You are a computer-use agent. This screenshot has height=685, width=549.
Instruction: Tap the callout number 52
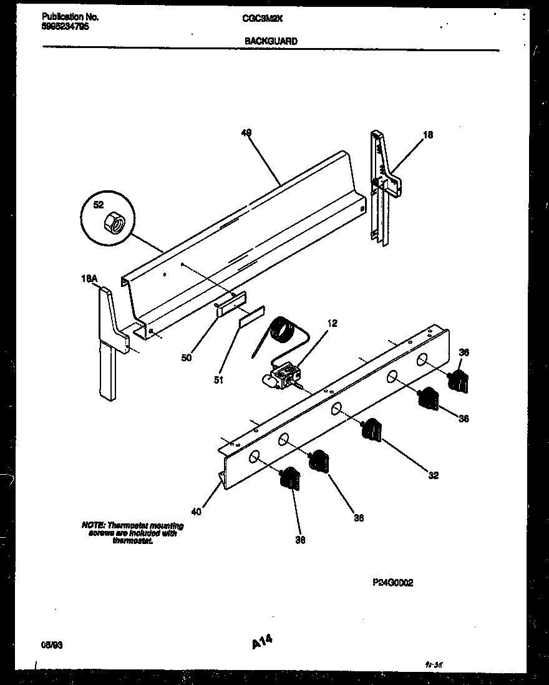coord(98,205)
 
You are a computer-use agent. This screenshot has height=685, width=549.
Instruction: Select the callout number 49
coord(246,133)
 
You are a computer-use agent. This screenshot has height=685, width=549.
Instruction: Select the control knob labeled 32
coord(372,429)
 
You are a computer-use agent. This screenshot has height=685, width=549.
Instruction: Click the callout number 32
coord(433,475)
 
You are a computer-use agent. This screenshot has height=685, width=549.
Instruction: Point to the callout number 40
coord(197,512)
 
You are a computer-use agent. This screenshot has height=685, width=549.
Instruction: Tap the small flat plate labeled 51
coord(251,317)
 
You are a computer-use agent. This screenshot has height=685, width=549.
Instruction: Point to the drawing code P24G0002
coord(392,583)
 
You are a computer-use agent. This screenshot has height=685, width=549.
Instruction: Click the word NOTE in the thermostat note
coord(93,525)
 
